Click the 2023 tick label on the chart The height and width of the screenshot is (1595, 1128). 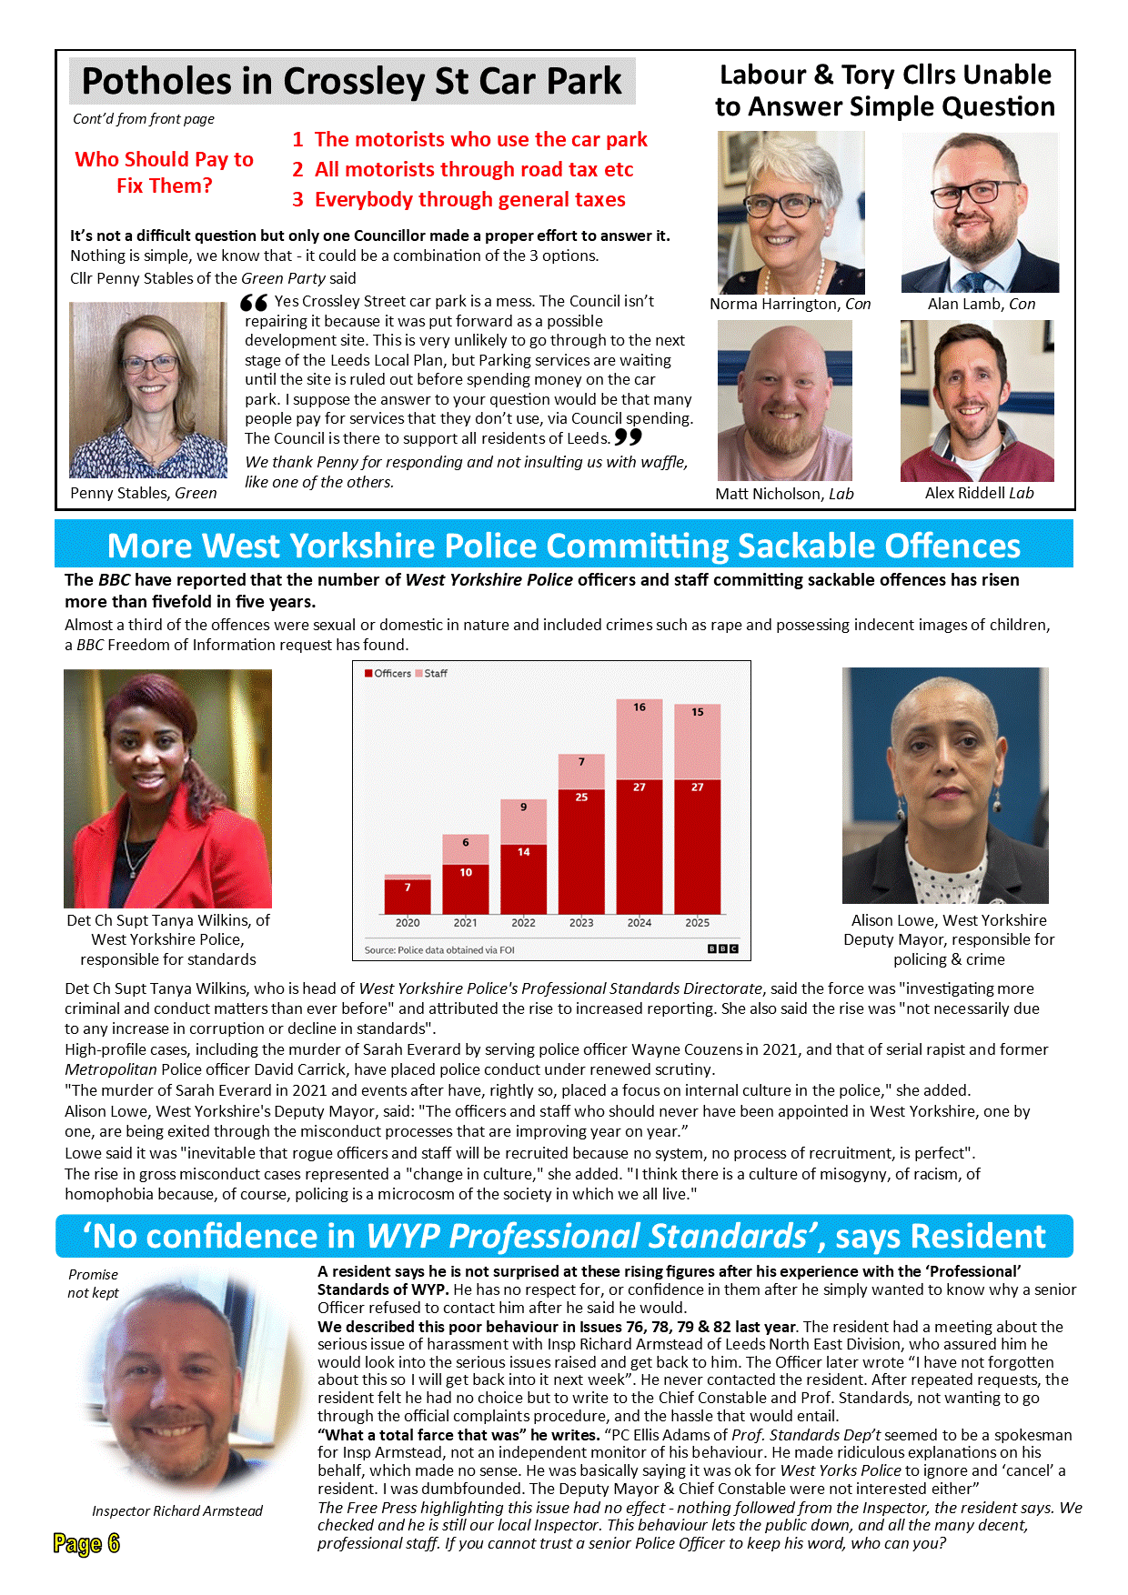click(x=581, y=922)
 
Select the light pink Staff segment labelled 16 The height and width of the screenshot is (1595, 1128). click(x=640, y=738)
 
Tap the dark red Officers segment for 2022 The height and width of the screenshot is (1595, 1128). click(x=523, y=878)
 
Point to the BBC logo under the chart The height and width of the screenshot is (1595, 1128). click(x=723, y=949)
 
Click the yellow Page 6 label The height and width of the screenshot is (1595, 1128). click(x=86, y=1543)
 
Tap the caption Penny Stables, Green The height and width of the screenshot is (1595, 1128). click(x=144, y=493)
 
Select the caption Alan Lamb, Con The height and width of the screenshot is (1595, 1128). click(x=981, y=304)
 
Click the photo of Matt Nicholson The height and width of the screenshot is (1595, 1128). click(x=784, y=401)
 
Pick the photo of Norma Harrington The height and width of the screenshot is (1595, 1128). click(x=791, y=212)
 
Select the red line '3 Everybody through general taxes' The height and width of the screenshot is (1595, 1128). click(x=459, y=199)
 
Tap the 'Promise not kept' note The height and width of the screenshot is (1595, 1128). click(x=93, y=1283)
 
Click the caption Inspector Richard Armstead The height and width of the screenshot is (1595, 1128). click(x=176, y=1510)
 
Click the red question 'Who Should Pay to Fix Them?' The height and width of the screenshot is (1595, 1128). click(x=164, y=172)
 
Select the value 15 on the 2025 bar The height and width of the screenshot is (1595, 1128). click(x=697, y=712)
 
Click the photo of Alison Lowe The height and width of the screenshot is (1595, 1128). click(x=945, y=785)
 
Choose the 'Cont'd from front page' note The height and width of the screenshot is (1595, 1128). click(x=144, y=119)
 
